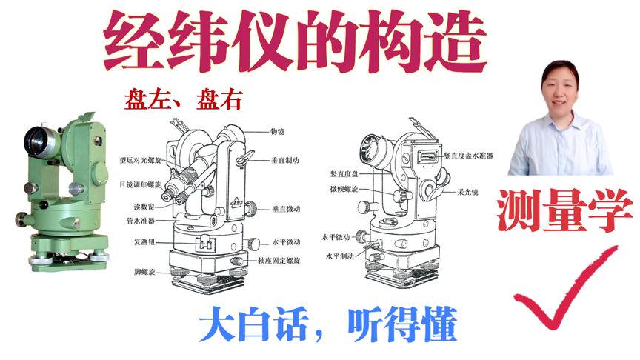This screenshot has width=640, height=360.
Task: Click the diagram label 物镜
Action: (277, 131)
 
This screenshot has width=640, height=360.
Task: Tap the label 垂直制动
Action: (285, 161)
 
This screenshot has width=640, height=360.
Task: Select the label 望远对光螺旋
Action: (140, 161)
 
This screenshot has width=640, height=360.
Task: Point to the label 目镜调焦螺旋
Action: (140, 184)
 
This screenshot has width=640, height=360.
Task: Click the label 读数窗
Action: (144, 207)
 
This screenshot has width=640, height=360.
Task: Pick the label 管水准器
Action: (141, 221)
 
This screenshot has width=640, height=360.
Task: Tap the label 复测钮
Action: (144, 241)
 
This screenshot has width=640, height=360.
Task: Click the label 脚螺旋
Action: (144, 272)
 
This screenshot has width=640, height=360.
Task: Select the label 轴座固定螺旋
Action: (279, 261)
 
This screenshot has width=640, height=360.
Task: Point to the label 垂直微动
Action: (287, 209)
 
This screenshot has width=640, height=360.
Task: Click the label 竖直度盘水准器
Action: (468, 156)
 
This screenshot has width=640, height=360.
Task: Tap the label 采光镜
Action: (467, 192)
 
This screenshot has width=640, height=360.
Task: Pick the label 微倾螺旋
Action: (344, 189)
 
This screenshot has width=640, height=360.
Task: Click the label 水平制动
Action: (339, 256)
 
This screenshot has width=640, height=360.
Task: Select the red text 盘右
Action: (219, 100)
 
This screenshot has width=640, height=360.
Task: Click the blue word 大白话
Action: (253, 325)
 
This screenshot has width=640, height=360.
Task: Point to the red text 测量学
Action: (564, 210)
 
